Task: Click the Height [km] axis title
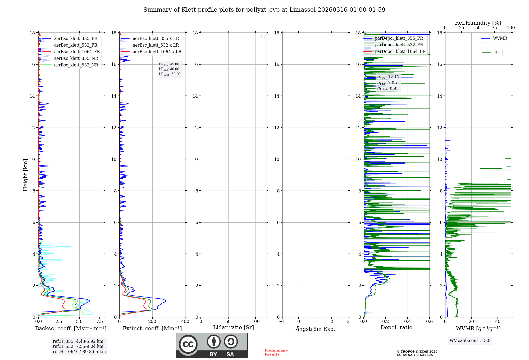coord(25,175)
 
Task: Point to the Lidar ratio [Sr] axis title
coord(234,328)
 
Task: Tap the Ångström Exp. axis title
coord(315,329)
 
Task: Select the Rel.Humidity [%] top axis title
coord(478,23)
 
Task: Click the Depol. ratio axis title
coord(396,328)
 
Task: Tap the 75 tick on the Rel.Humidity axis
coord(494,28)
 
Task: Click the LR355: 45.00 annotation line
coord(169,64)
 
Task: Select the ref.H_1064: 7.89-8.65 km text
coord(79,352)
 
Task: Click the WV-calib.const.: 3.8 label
coord(470,341)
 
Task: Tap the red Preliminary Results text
coord(276,352)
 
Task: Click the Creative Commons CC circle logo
coord(188,344)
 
